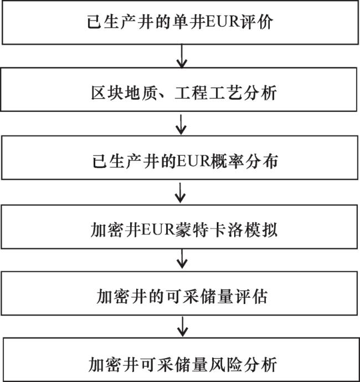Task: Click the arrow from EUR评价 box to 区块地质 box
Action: coord(182,56)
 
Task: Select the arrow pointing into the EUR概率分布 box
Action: coord(181,125)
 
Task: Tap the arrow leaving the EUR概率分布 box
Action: coord(181,193)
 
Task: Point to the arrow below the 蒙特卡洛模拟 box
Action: coord(182,258)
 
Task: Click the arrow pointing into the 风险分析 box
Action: coord(182,327)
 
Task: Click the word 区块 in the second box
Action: coord(107,93)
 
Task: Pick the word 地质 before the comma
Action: coord(141,93)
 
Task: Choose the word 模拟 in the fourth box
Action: coord(261,230)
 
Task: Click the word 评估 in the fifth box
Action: coord(251,297)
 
